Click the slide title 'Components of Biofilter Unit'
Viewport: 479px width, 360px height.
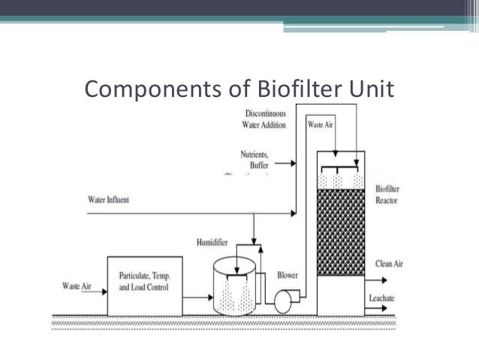tap(239, 90)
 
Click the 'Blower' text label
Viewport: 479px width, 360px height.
tap(288, 276)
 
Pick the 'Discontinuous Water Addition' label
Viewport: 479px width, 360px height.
tap(265, 119)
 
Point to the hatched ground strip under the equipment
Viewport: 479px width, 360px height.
tap(225, 323)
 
